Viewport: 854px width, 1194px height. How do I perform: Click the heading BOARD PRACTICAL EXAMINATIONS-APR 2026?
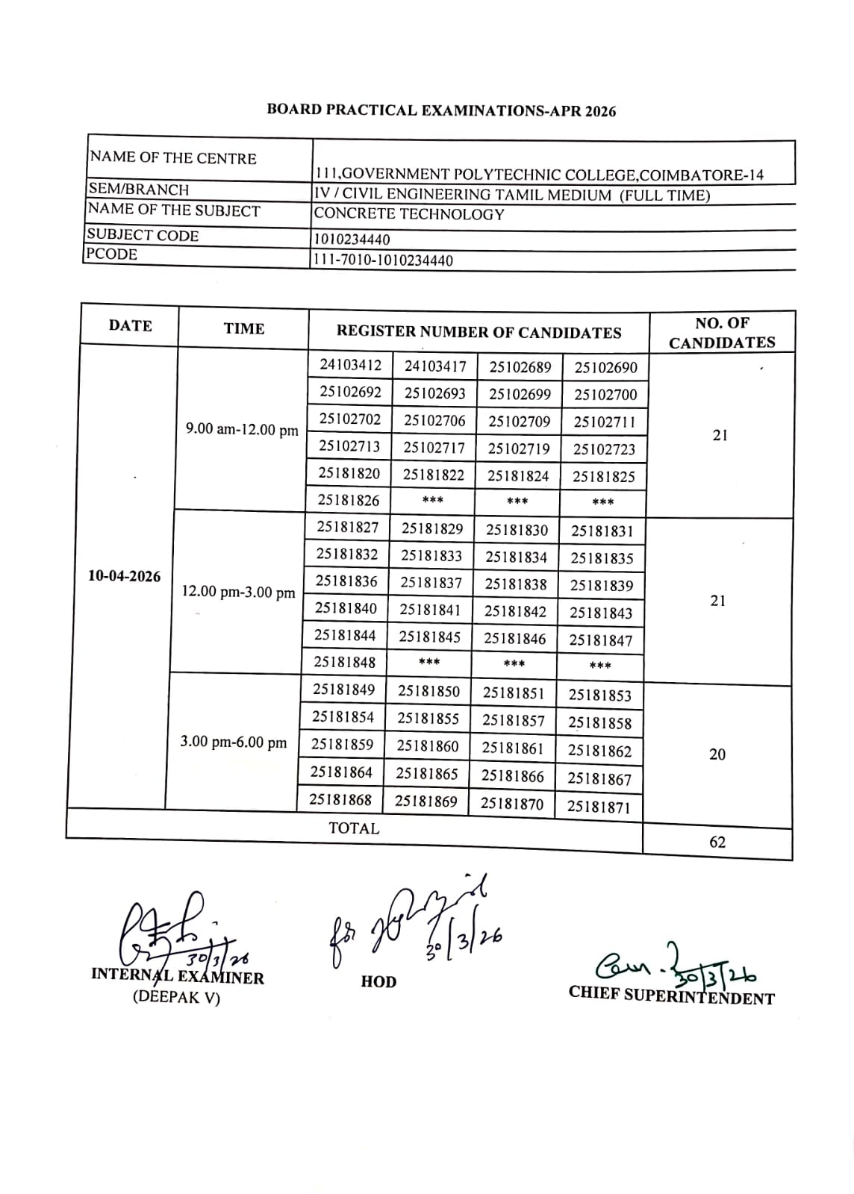point(441,110)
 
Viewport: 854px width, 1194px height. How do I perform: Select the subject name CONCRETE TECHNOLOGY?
point(409,214)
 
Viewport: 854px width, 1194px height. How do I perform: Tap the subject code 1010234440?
point(352,240)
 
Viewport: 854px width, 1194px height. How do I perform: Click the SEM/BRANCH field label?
point(138,190)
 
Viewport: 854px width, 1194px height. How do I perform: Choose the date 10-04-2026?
point(124,576)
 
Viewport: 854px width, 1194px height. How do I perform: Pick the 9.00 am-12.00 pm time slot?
point(242,430)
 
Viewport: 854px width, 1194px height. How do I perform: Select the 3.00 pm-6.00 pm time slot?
point(233,743)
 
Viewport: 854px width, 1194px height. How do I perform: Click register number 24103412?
point(350,365)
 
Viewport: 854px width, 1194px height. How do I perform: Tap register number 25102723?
point(604,449)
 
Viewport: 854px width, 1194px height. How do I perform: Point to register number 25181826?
point(349,501)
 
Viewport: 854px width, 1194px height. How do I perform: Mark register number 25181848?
point(345,663)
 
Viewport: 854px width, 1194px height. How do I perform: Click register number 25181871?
point(599,807)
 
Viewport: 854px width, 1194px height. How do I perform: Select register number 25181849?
point(344,690)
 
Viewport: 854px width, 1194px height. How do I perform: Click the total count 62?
point(717,842)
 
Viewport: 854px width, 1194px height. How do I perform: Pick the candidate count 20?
point(717,754)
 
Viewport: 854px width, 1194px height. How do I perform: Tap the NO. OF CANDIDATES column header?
point(722,333)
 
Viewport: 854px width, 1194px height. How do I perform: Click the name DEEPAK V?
point(177,998)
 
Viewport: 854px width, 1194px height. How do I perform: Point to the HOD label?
point(378,981)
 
